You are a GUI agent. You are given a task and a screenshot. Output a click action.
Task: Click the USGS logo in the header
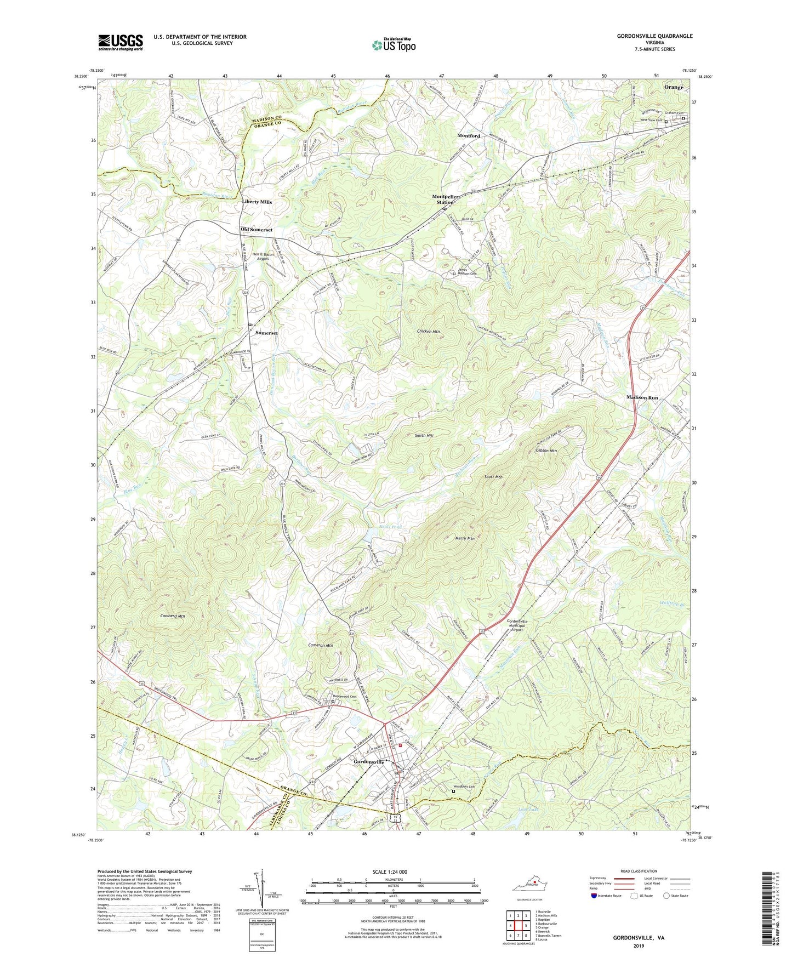[121, 42]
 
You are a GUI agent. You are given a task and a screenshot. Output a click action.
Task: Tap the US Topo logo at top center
[394, 44]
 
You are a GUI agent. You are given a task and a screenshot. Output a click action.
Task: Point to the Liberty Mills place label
[257, 202]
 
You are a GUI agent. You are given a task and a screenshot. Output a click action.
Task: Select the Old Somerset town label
[257, 230]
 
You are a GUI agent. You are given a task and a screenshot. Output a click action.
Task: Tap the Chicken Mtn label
[429, 332]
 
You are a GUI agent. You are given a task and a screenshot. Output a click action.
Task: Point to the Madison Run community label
[642, 397]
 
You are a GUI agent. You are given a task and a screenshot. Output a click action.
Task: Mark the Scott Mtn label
[493, 477]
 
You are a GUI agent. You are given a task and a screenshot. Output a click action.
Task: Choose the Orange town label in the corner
[674, 87]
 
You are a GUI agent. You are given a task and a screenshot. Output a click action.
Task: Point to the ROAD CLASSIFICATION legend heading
[639, 871]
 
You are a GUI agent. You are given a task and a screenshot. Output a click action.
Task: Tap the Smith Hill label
[424, 435]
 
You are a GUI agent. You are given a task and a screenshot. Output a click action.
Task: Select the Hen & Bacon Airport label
[263, 257]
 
